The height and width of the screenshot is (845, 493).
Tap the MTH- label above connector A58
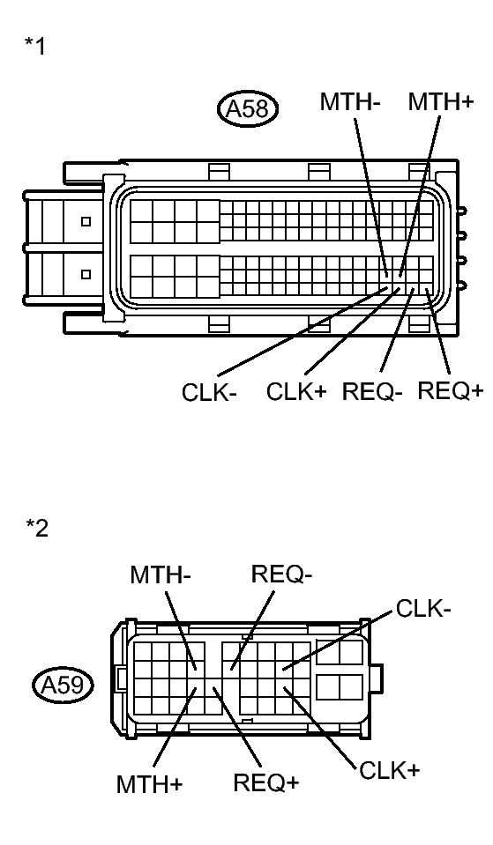pyautogui.click(x=350, y=102)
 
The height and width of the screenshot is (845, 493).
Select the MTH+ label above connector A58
pyautogui.click(x=440, y=102)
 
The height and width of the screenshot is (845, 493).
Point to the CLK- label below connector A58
pyautogui.click(x=209, y=393)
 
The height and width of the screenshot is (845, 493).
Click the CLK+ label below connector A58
pyautogui.click(x=295, y=391)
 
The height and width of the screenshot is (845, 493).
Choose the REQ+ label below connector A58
pyautogui.click(x=451, y=390)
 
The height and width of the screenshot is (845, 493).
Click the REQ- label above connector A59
pyautogui.click(x=281, y=574)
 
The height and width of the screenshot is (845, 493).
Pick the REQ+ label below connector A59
pyautogui.click(x=266, y=782)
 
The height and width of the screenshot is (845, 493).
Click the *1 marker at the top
pyautogui.click(x=35, y=46)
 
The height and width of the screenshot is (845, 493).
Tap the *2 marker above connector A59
pyautogui.click(x=37, y=528)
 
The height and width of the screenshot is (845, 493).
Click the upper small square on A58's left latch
pyautogui.click(x=86, y=222)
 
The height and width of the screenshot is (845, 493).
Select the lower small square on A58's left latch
pyautogui.click(x=86, y=274)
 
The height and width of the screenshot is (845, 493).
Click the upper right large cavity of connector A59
pyautogui.click(x=340, y=652)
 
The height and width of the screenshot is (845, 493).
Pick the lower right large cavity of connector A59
pyautogui.click(x=340, y=687)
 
